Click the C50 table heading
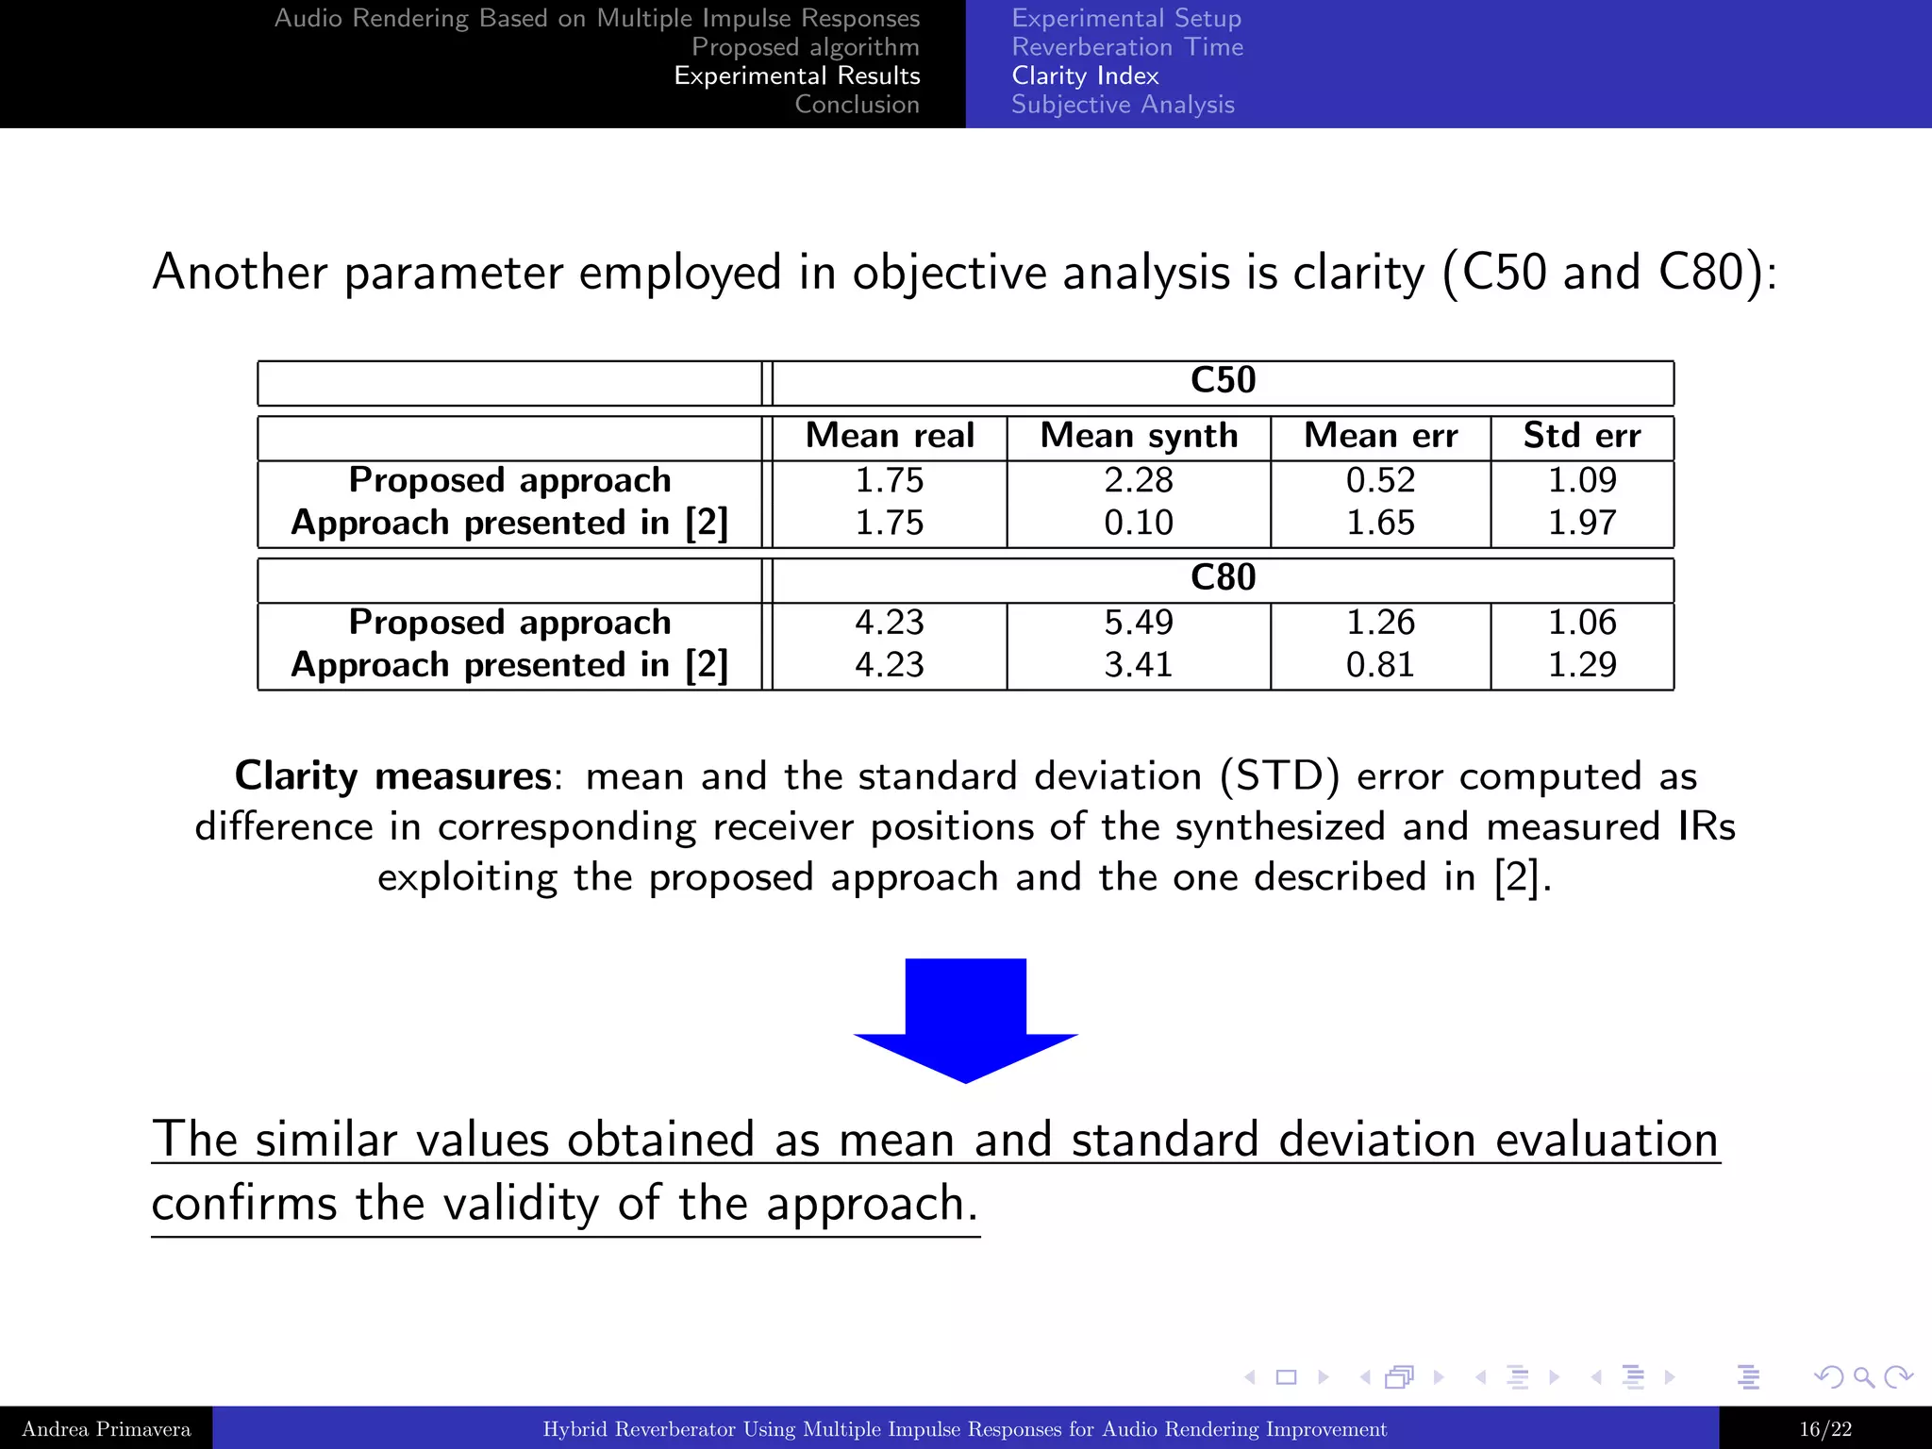click(1223, 380)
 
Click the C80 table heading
click(1223, 577)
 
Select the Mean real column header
click(890, 436)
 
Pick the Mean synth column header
click(1139, 436)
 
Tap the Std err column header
click(1582, 436)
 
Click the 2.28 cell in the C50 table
click(1139, 480)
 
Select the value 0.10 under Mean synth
click(1139, 523)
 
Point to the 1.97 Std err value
click(1582, 523)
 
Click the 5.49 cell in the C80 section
click(1139, 623)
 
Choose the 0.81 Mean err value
click(1380, 665)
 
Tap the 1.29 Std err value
click(1582, 665)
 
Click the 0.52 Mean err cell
click(1380, 480)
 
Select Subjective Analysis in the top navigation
click(1123, 105)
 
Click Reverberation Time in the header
click(1127, 47)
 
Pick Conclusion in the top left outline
click(857, 105)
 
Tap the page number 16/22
click(1824, 1429)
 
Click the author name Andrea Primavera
click(106, 1429)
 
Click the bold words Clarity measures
click(392, 776)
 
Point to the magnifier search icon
click(1863, 1377)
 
